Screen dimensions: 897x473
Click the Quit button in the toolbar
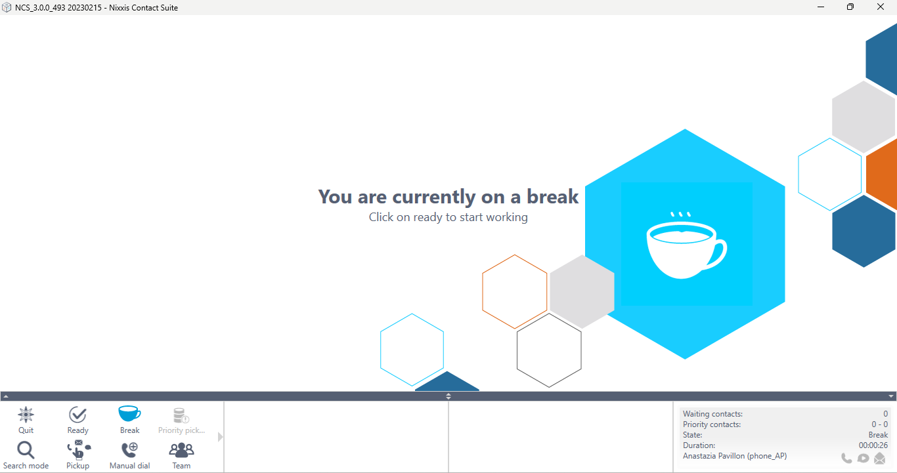(x=26, y=420)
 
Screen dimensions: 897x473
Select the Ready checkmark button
(x=77, y=420)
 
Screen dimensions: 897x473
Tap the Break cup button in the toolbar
(x=129, y=420)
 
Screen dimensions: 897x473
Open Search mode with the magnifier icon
(x=26, y=455)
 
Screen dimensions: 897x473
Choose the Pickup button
(x=77, y=455)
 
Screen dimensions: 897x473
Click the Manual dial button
(x=129, y=455)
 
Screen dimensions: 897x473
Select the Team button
(x=181, y=455)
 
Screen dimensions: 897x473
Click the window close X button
(x=880, y=7)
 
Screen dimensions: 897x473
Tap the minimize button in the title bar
(x=821, y=7)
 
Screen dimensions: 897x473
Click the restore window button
(x=850, y=7)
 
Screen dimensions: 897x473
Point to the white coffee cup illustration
(x=686, y=245)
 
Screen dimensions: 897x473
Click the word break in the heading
(x=552, y=197)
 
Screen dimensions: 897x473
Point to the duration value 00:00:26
(x=873, y=445)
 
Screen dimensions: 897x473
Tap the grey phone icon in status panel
(x=846, y=458)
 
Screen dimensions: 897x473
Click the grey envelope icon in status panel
(x=879, y=458)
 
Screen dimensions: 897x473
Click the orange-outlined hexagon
(x=483, y=291)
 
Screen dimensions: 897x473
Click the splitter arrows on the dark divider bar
(x=448, y=396)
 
